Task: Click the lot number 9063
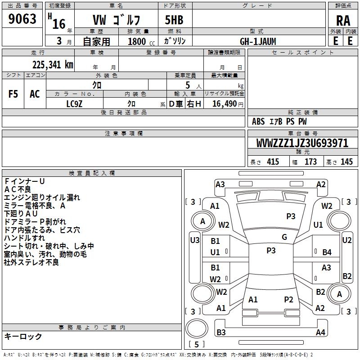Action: point(22,19)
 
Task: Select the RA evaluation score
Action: point(343,20)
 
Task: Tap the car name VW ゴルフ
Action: point(116,20)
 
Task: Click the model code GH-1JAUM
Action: point(258,41)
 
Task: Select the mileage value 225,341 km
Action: point(53,65)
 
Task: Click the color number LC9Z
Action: point(74,103)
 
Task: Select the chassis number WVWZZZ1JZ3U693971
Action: point(302,143)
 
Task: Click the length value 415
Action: point(273,162)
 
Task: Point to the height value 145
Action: point(346,162)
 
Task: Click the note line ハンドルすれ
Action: point(24,238)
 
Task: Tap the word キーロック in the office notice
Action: point(23,337)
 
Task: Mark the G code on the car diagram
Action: point(284,237)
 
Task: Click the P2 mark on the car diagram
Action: point(288,299)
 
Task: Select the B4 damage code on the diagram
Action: point(327,252)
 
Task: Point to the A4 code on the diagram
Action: point(320,333)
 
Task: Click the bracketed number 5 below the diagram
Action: point(197,344)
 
